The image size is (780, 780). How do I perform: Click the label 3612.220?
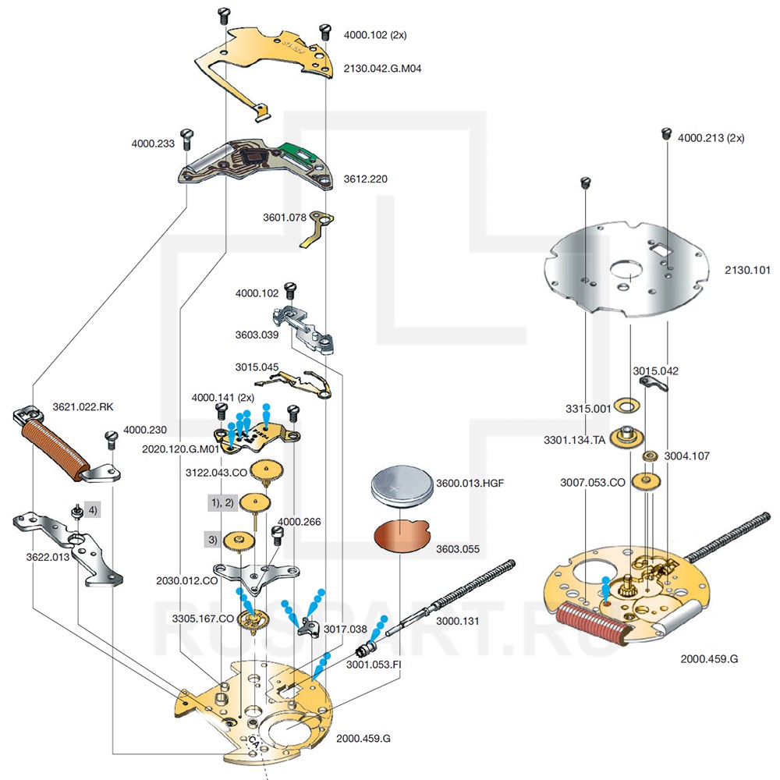[x=366, y=179]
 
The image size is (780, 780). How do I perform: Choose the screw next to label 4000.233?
[x=186, y=139]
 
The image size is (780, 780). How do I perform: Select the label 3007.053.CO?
[x=593, y=483]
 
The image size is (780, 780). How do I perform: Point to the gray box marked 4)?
[x=92, y=511]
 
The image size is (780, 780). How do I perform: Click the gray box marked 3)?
[x=212, y=538]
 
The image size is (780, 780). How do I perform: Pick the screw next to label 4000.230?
[x=110, y=439]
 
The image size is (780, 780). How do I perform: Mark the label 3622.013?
[x=45, y=558]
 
